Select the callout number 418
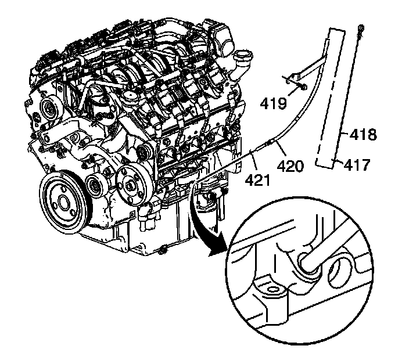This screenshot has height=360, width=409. pyautogui.click(x=364, y=136)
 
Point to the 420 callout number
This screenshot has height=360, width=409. pyautogui.click(x=290, y=167)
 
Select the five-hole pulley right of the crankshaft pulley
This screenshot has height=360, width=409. pyautogui.click(x=130, y=184)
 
